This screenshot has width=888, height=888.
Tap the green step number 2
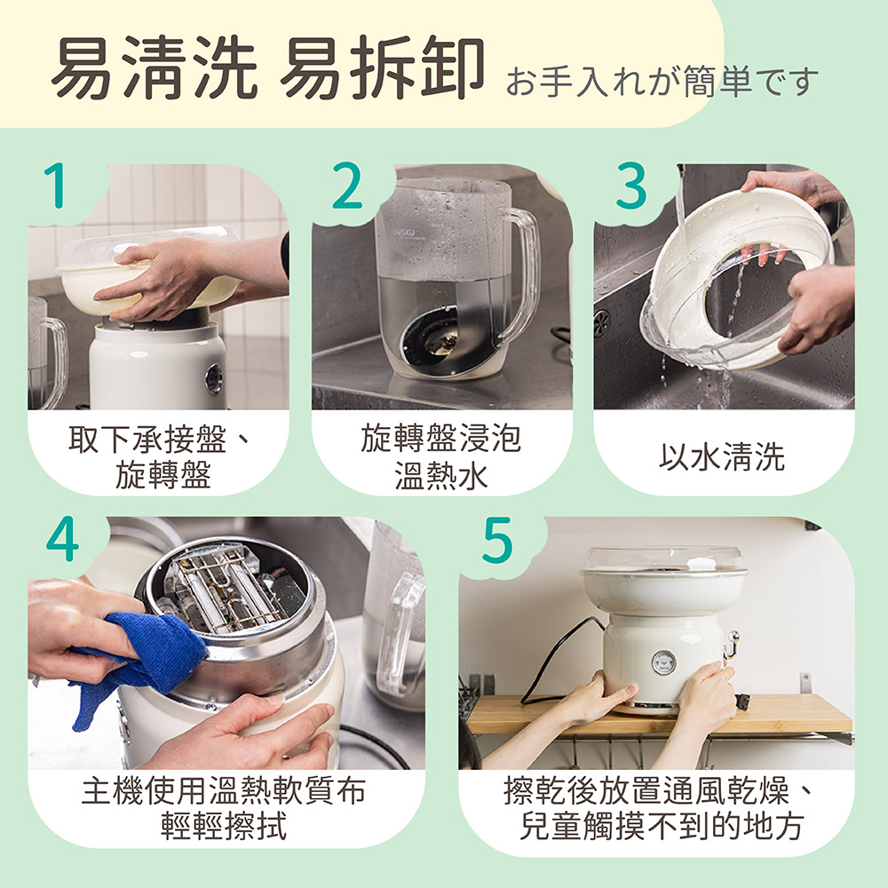point(346,186)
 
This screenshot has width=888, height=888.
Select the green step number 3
point(630,186)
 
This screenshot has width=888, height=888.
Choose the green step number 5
point(498,539)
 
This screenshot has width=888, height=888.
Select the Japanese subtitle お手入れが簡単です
point(662,81)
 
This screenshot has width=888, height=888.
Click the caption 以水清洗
point(722,456)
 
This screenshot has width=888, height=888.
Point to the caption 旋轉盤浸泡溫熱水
point(441,456)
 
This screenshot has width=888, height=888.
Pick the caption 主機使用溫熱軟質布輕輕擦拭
point(225,808)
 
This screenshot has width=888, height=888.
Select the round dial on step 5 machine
point(662,662)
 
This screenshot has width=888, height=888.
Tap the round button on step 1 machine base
point(214,378)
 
